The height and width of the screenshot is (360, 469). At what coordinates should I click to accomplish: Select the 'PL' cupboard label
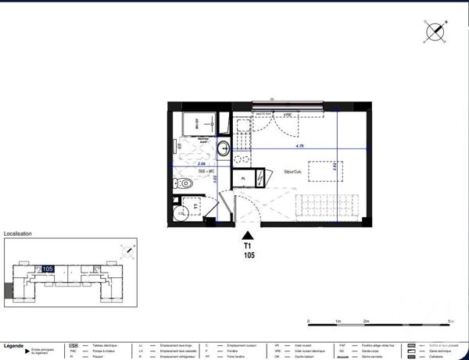(244, 179)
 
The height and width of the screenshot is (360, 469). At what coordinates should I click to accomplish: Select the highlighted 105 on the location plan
(48, 269)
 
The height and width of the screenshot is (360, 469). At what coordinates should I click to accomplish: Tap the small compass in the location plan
(127, 251)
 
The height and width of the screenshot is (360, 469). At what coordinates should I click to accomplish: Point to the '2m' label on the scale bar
(366, 321)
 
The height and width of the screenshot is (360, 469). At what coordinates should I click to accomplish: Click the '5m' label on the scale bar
(450, 321)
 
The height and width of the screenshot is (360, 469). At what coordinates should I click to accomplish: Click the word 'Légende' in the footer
(14, 344)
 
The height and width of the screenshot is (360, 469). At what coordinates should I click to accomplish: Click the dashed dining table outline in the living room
(323, 170)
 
